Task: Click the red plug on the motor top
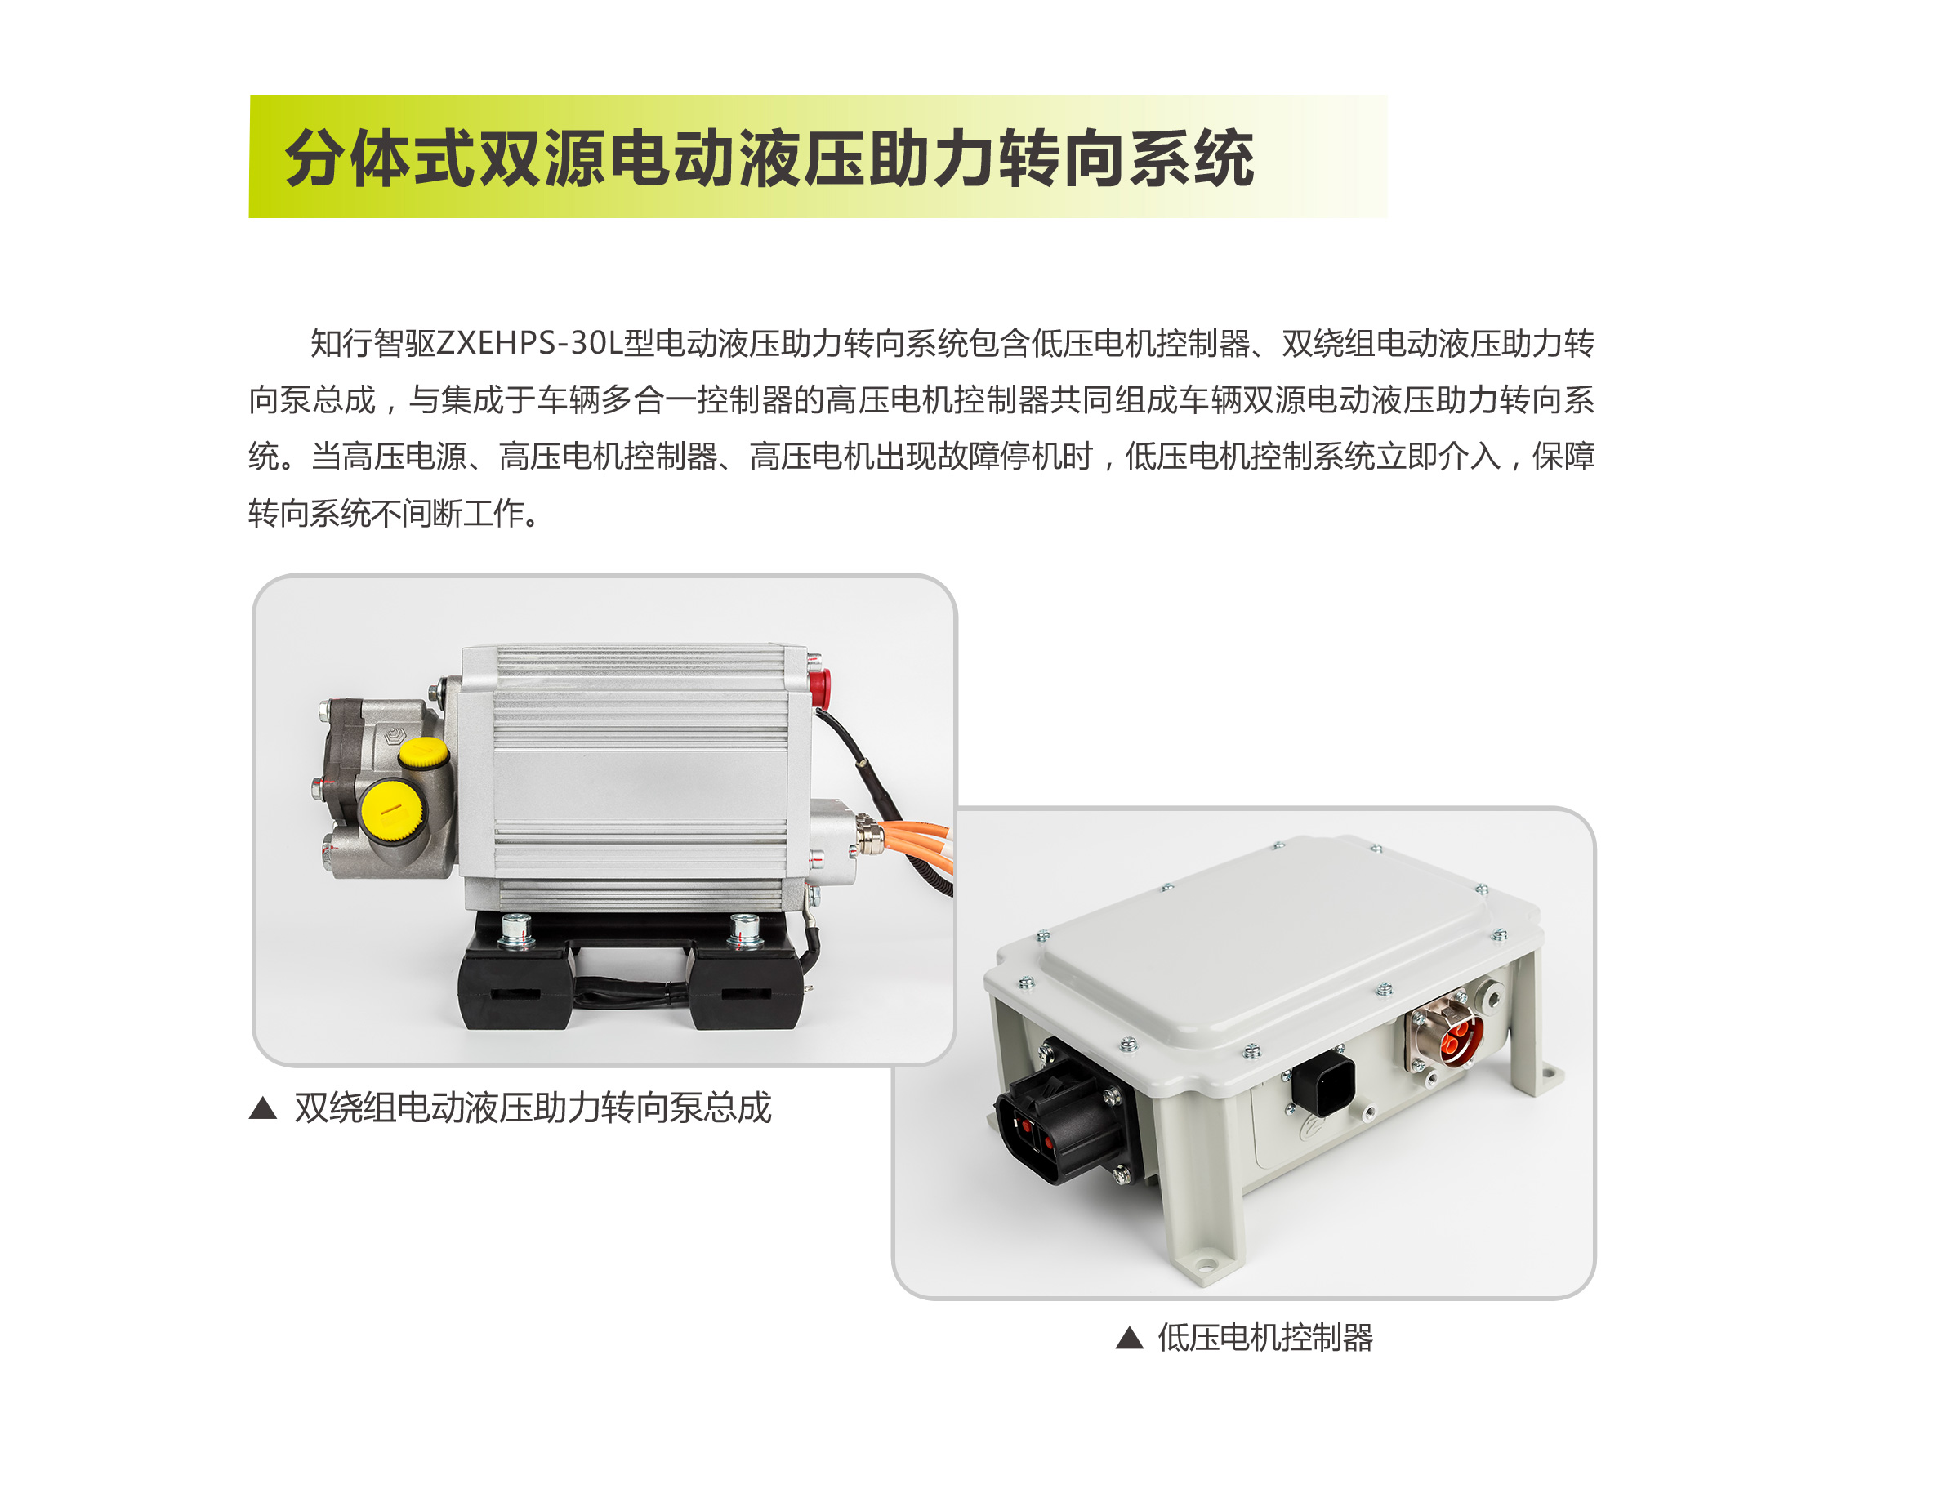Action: pos(817,684)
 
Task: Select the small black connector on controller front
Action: pos(1322,1082)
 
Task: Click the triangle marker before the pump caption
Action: pos(262,1108)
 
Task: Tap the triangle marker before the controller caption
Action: pos(1129,1339)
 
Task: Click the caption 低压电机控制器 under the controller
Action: pos(1264,1339)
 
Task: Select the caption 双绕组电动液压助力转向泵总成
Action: pos(532,1108)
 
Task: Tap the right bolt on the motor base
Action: pos(745,929)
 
